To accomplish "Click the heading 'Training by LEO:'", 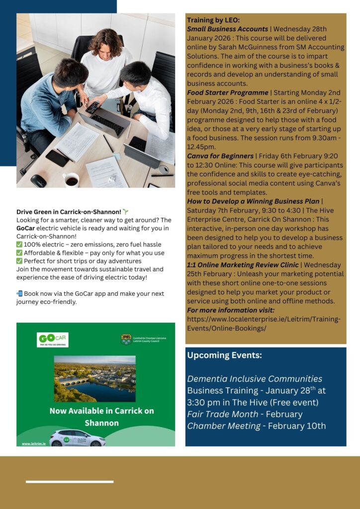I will (213, 20).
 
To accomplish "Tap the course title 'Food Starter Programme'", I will (227, 92).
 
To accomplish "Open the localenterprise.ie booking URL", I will (264, 324).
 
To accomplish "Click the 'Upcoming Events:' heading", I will (224, 356).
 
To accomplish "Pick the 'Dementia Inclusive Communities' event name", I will (254, 379).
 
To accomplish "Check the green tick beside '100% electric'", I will (19, 245).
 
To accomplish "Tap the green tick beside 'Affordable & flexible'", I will (19, 253).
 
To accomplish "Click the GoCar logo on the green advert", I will (53, 339).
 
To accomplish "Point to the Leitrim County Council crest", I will (126, 339).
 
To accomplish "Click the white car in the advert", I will (78, 437).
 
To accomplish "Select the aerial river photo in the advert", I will (94, 378).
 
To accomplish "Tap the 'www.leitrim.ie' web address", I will (33, 443).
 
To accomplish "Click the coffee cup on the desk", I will (71, 180).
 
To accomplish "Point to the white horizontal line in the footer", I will (70, 482).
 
